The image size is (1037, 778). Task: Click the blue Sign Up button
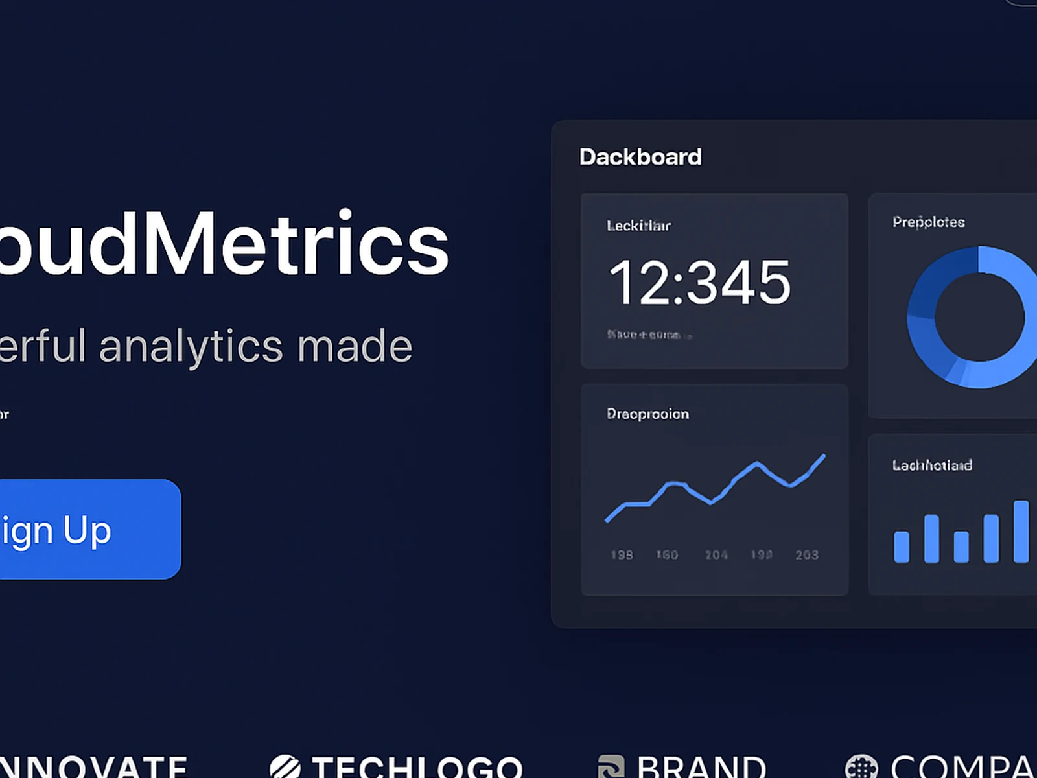point(84,529)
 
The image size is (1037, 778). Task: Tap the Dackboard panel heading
point(640,157)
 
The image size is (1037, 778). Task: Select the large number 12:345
point(700,283)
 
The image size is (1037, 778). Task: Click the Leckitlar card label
point(638,226)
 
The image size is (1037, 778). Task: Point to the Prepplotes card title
point(928,222)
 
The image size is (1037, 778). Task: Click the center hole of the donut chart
point(979,318)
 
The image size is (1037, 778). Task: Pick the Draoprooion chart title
point(647,414)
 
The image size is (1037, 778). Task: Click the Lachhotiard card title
point(932,465)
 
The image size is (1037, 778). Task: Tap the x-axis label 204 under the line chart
point(716,555)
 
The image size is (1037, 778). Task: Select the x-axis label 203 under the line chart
point(807,555)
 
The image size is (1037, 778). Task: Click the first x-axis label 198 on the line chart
point(622,555)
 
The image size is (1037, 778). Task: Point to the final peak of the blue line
point(824,456)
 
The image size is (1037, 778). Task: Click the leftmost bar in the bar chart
point(902,547)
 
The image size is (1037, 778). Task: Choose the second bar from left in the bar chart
point(931,538)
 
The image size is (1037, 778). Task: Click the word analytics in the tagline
point(191,346)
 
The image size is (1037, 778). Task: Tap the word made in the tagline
point(355,346)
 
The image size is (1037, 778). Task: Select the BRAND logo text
point(701,768)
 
